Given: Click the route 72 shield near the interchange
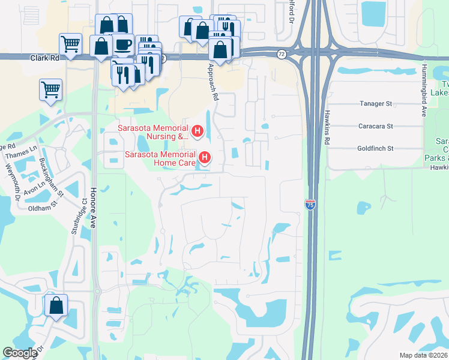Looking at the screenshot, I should click(x=282, y=54).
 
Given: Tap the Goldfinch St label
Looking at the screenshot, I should click(x=375, y=148).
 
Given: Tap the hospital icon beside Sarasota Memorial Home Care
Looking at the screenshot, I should click(x=205, y=158).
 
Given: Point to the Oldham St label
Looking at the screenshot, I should click(x=42, y=208).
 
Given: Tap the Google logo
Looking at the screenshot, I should click(x=20, y=353).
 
